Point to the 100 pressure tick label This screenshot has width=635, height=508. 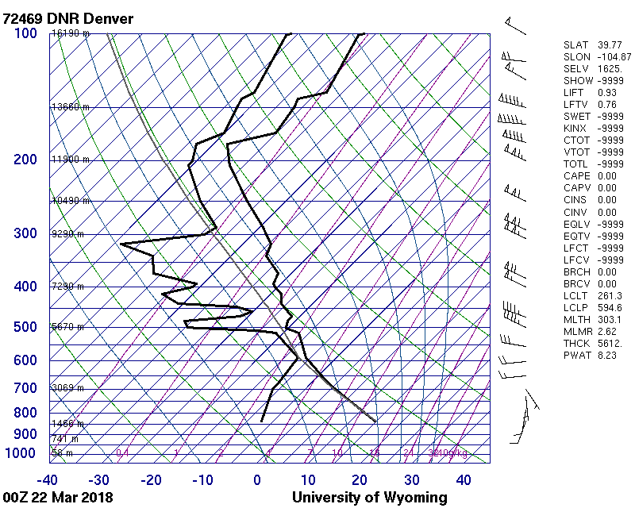coord(25,33)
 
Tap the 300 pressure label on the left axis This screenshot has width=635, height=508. coord(25,233)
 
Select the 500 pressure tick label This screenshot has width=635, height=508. coord(25,327)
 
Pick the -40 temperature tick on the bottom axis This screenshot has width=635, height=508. coord(48,479)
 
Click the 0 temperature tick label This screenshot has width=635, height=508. coord(257,479)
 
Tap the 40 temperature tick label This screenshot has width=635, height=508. coord(464,479)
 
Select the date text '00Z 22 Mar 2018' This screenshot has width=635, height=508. coord(58,498)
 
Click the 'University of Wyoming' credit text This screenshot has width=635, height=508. coord(370,498)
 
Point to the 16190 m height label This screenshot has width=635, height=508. coord(71,33)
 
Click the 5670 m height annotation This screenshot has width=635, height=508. coord(68,326)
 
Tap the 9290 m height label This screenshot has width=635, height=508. coord(68,234)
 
